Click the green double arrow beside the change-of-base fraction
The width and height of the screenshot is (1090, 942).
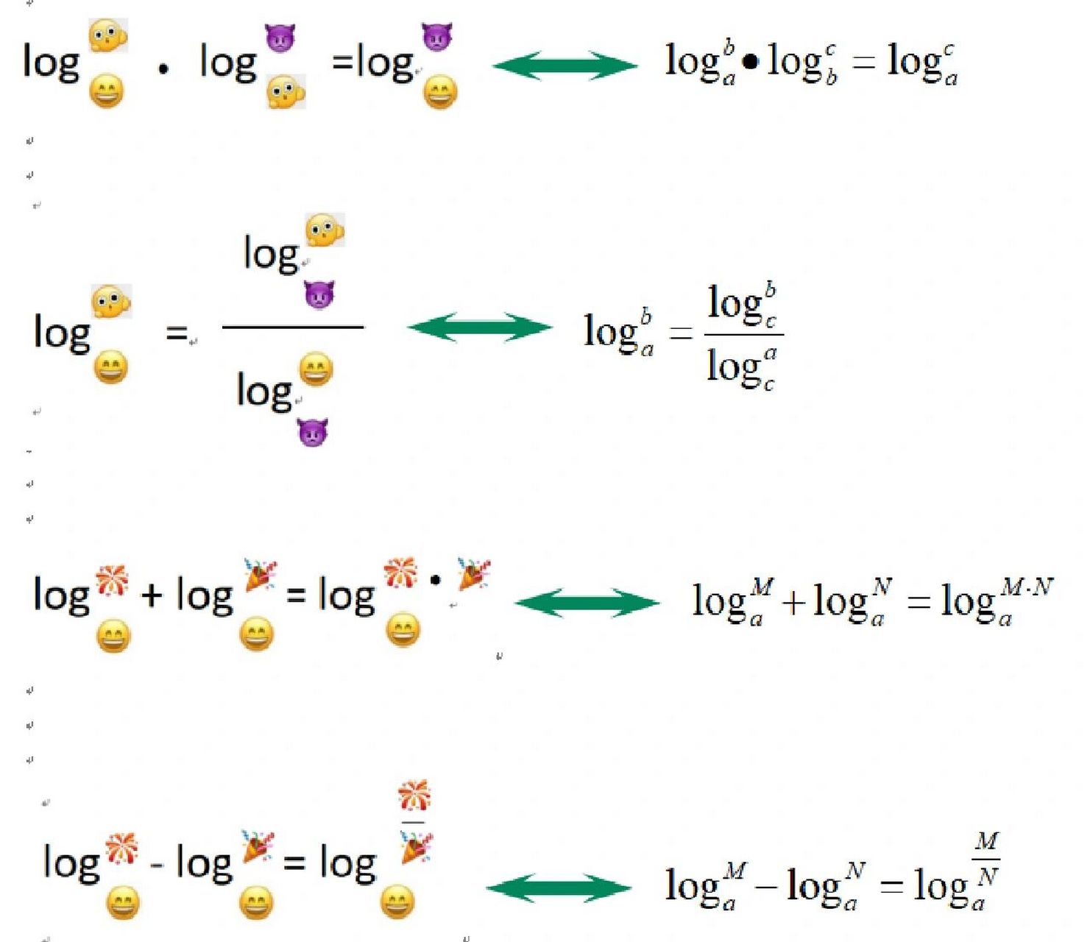[x=479, y=327]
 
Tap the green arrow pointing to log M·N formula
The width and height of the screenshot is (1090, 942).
[x=587, y=603]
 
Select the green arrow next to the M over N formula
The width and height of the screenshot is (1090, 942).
[x=559, y=888]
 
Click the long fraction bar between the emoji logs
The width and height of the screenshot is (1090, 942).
[x=293, y=327]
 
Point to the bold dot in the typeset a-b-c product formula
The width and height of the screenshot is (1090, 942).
[x=750, y=62]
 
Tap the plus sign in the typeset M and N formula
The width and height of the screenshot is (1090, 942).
[x=794, y=603]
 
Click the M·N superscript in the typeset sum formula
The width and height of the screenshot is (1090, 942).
[x=1027, y=587]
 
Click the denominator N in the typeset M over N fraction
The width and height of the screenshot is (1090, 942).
[x=986, y=876]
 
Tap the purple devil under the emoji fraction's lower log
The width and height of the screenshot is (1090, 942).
[x=313, y=432]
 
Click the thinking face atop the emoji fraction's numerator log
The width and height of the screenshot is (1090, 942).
[x=325, y=230]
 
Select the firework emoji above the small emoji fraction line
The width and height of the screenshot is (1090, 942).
[x=414, y=796]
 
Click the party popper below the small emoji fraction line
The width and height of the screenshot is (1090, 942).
[x=417, y=848]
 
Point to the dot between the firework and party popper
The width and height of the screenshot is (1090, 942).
[x=435, y=580]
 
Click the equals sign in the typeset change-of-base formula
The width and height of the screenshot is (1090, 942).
[x=681, y=333]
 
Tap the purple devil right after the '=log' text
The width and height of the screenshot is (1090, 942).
[x=437, y=37]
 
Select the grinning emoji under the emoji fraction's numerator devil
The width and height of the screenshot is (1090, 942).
[x=316, y=369]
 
